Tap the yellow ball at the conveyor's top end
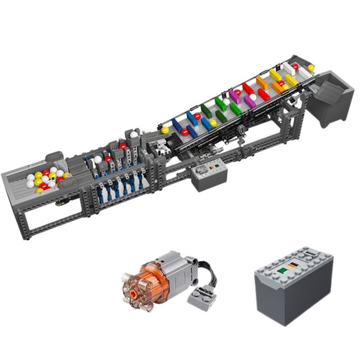pos(311,68)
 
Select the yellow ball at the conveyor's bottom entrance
pos(165,130)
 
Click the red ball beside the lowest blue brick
pos(185,132)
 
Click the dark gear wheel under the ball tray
pos(60,204)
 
